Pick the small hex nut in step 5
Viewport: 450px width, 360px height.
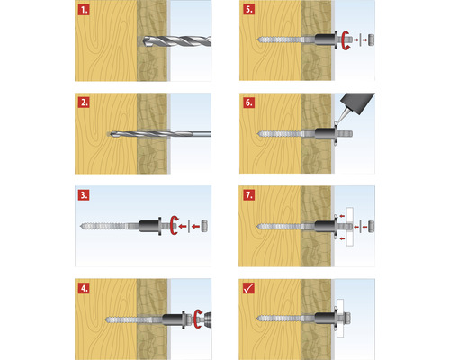pos(372,40)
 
